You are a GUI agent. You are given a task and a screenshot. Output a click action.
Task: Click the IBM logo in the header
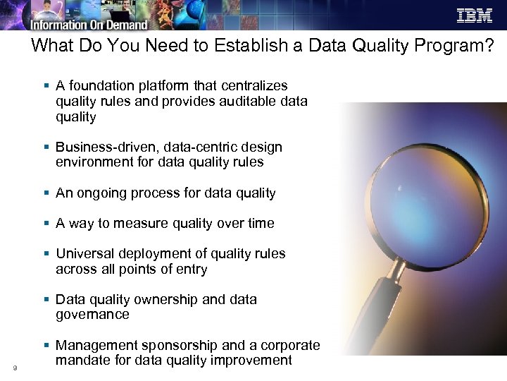click(x=474, y=16)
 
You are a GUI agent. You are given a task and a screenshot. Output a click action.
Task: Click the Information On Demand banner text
click(x=89, y=25)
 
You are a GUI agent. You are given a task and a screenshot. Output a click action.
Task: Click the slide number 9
click(x=14, y=367)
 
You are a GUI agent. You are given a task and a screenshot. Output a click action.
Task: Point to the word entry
click(x=192, y=269)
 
